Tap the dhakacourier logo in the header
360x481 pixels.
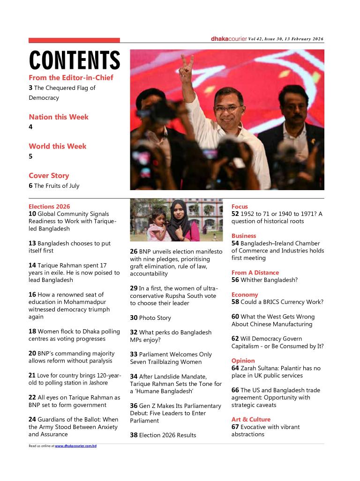tap(229, 38)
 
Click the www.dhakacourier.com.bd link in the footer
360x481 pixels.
tap(75, 446)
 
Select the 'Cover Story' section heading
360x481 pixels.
tap(49, 176)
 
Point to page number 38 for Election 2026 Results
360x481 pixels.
tap(134, 435)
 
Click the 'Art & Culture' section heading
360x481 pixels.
tap(251, 419)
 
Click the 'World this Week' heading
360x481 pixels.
tap(58, 146)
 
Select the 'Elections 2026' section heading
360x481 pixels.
tap(49, 207)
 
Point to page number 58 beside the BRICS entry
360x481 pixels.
tap(235, 302)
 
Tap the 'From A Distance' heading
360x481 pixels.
tap(255, 273)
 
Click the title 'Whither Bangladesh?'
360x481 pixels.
tap(269, 280)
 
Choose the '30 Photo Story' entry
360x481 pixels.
tap(150, 318)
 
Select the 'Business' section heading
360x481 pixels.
tap(244, 236)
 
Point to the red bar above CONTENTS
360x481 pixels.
tap(74, 40)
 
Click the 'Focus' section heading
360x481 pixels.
tap(240, 207)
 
